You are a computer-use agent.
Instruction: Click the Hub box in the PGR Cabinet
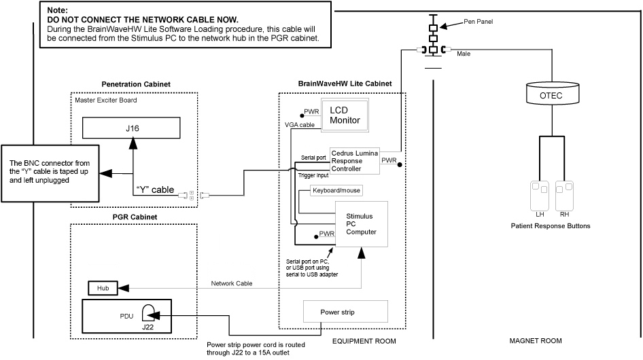click(x=103, y=289)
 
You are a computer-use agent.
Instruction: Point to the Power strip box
click(x=345, y=312)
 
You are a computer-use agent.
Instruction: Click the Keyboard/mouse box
click(x=335, y=192)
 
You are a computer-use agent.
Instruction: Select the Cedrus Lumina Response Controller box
click(x=355, y=160)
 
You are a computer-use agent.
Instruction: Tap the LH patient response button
click(x=540, y=195)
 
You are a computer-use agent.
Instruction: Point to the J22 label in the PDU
click(x=148, y=327)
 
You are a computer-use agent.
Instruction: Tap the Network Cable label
click(x=232, y=283)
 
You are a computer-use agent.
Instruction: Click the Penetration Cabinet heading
click(x=135, y=84)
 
